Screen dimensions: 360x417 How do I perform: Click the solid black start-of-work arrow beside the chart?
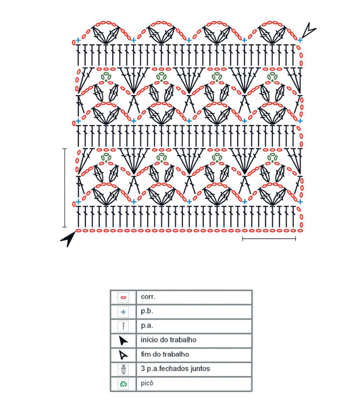pos(69,238)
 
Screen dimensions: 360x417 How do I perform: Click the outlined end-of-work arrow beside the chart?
pos(308,31)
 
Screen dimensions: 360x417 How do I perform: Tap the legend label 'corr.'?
pos(148,297)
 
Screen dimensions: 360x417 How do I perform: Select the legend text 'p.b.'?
pos(147,312)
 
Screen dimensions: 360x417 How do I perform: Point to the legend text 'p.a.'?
pos(147,326)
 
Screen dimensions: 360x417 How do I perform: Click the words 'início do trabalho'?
pos(169,340)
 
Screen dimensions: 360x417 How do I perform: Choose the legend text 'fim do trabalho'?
pos(165,354)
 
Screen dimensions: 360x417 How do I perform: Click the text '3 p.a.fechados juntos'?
pos(175,368)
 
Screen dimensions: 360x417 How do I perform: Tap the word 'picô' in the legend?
pos(147,383)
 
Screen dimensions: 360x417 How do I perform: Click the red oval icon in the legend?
pos(124,298)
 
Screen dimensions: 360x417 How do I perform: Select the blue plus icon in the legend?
pos(124,312)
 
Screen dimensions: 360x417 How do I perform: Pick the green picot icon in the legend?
pos(124,384)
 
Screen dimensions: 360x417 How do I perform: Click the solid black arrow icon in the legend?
pos(123,340)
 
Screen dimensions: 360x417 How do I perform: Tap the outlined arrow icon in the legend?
pos(123,355)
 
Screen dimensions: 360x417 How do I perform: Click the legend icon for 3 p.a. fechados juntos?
pos(124,369)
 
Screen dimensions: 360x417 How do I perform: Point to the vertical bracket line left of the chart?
pos(64,188)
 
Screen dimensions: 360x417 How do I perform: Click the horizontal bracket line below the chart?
pos(269,239)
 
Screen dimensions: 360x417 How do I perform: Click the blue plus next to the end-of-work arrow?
pos(300,40)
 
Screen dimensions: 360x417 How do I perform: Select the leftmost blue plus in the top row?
pos(78,40)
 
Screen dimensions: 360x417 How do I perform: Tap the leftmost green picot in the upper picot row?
pos(106,77)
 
